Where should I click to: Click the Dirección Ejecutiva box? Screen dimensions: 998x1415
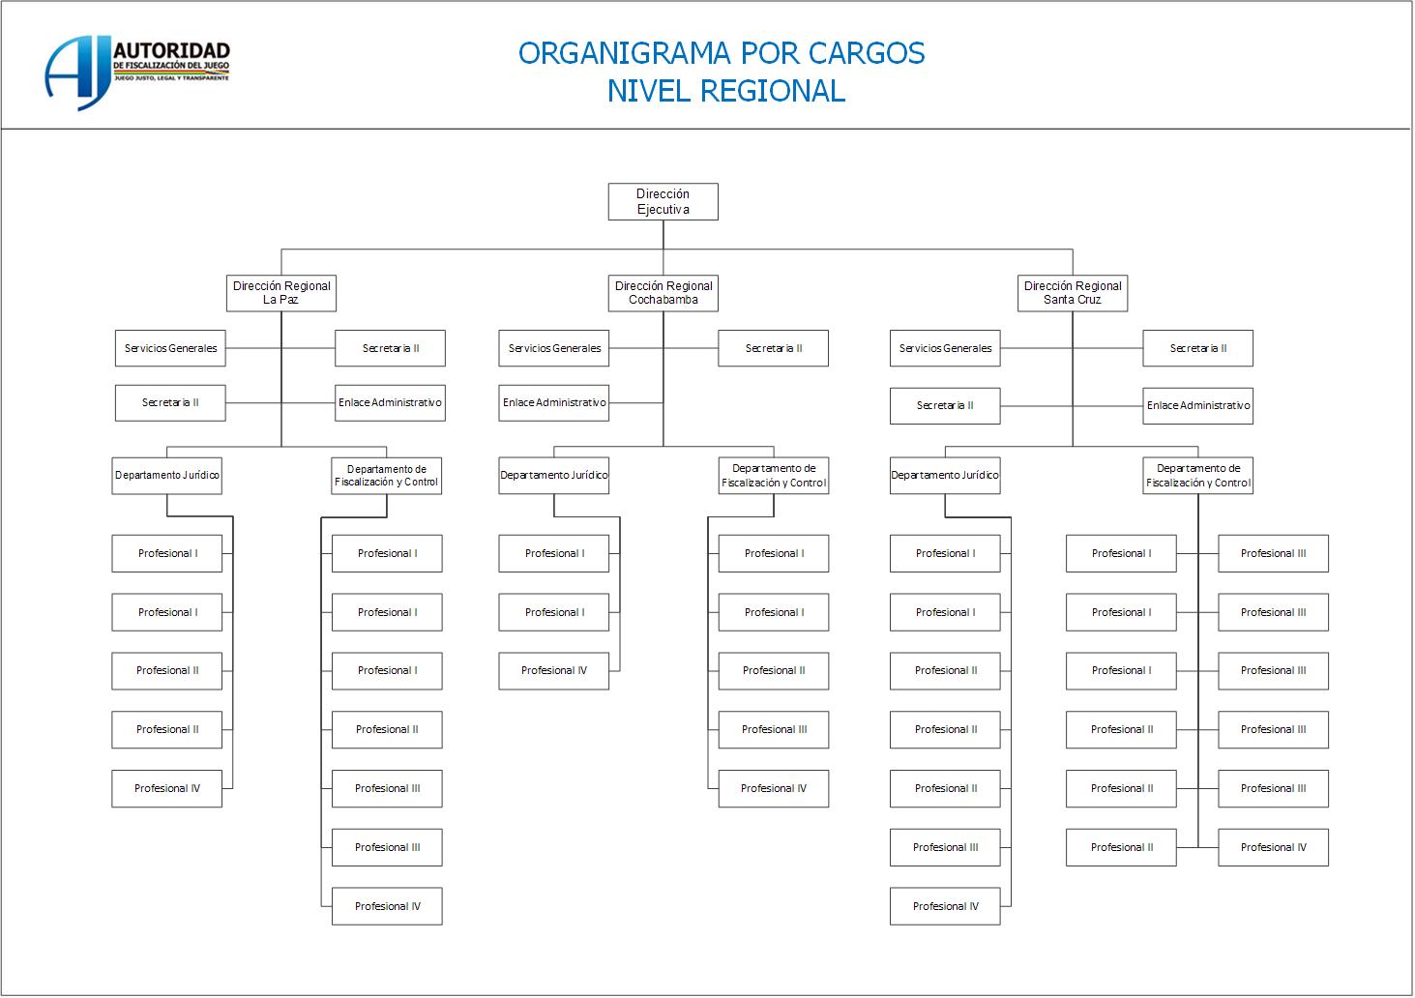(663, 201)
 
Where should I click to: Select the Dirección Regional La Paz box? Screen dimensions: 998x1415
(281, 293)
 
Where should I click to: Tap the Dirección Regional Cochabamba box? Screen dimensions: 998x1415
(663, 293)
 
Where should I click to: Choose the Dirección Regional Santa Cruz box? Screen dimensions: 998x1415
(1073, 293)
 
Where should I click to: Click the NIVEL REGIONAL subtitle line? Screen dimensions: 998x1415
(725, 91)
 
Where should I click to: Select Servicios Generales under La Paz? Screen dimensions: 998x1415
(170, 348)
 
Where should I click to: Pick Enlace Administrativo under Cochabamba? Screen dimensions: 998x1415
(554, 403)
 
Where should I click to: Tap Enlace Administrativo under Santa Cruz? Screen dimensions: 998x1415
(1197, 406)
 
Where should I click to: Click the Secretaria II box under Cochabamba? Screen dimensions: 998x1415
(773, 348)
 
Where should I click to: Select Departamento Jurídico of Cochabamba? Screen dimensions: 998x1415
(554, 476)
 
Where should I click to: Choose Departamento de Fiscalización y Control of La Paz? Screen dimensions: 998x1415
(387, 476)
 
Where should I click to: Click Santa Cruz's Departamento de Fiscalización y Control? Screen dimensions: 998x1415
(1197, 476)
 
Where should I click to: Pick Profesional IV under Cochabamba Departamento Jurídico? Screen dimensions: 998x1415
(554, 671)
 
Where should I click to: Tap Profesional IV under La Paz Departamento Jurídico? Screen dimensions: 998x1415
(167, 789)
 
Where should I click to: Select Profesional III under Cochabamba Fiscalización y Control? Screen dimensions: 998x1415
(774, 730)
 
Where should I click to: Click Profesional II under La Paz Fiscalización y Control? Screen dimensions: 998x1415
(387, 730)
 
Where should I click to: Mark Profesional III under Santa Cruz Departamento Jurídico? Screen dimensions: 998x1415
(945, 848)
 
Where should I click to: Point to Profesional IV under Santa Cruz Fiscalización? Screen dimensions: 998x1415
(1273, 848)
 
